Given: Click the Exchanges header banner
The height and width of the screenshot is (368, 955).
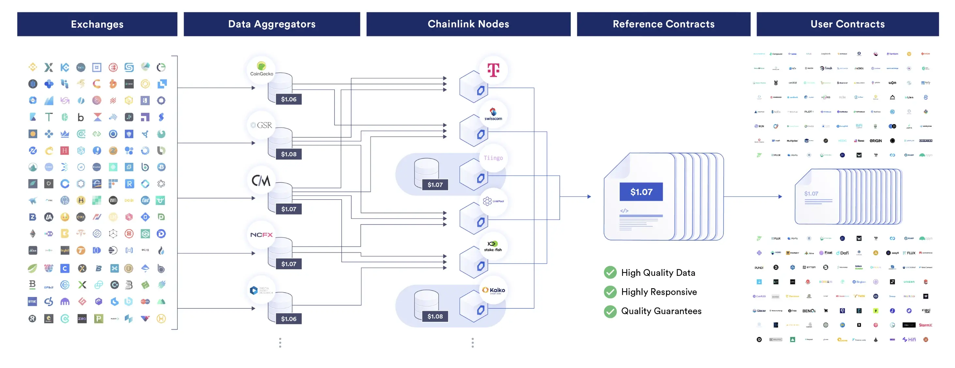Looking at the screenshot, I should (97, 24).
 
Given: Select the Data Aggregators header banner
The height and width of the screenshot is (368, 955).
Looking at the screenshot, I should (272, 24).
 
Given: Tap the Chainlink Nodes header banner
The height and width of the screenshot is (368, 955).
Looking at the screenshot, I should (468, 24).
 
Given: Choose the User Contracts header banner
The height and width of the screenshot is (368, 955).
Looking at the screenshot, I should (847, 24).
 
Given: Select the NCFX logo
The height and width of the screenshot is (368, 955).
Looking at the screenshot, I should (261, 235).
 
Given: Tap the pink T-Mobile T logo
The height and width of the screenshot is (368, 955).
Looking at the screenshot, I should (493, 70).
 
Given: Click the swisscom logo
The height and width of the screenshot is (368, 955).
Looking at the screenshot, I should (493, 114).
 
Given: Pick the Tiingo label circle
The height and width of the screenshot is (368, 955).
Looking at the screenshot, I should (493, 158).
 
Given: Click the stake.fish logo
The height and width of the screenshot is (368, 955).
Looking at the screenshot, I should (493, 246).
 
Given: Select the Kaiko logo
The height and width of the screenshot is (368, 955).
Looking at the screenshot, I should (493, 290).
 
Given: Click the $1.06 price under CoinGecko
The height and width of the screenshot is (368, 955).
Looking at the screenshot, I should (288, 99).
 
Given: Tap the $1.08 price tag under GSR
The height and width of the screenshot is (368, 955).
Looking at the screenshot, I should (288, 154).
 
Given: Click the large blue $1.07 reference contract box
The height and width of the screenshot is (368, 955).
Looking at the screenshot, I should (641, 192).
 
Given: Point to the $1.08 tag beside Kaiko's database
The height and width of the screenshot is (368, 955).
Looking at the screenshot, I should (435, 316).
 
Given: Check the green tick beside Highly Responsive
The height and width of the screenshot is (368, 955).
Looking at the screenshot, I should (610, 292).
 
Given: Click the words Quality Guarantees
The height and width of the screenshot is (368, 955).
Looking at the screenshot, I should (661, 311).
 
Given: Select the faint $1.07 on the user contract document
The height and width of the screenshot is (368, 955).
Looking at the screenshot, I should (811, 194).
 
